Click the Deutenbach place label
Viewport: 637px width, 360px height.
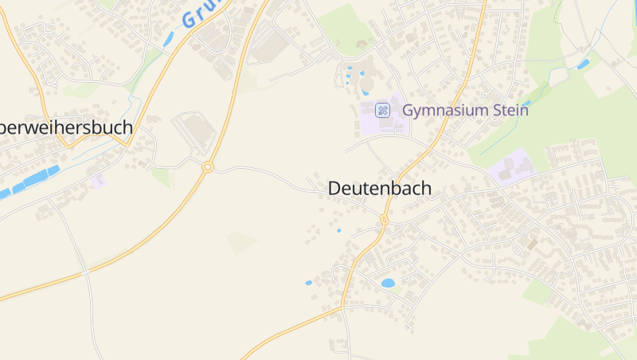pyautogui.click(x=379, y=189)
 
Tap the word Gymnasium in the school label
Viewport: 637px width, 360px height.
pyautogui.click(x=441, y=110)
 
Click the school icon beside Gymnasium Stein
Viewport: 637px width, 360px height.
pyautogui.click(x=382, y=110)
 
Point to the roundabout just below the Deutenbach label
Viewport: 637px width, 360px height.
pyautogui.click(x=384, y=220)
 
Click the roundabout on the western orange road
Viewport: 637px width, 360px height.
pyautogui.click(x=208, y=166)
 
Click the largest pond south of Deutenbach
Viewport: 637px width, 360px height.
pyautogui.click(x=389, y=283)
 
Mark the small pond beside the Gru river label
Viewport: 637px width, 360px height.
pyautogui.click(x=168, y=38)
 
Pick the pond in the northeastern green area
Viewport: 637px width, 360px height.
pyautogui.click(x=584, y=63)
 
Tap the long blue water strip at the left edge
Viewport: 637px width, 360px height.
pyautogui.click(x=32, y=181)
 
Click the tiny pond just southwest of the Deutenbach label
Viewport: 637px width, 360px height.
pyautogui.click(x=338, y=231)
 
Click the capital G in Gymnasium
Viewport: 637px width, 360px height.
pyautogui.click(x=408, y=110)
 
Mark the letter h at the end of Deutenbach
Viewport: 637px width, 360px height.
pyautogui.click(x=426, y=189)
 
